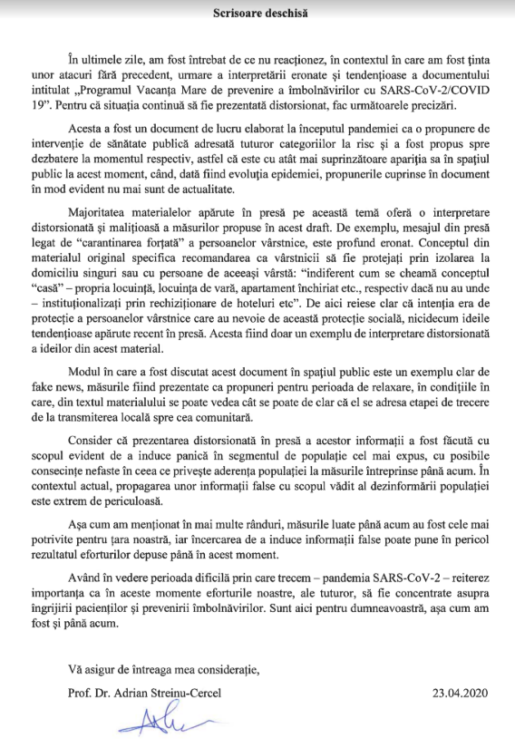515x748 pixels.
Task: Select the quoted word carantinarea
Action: coord(130,269)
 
